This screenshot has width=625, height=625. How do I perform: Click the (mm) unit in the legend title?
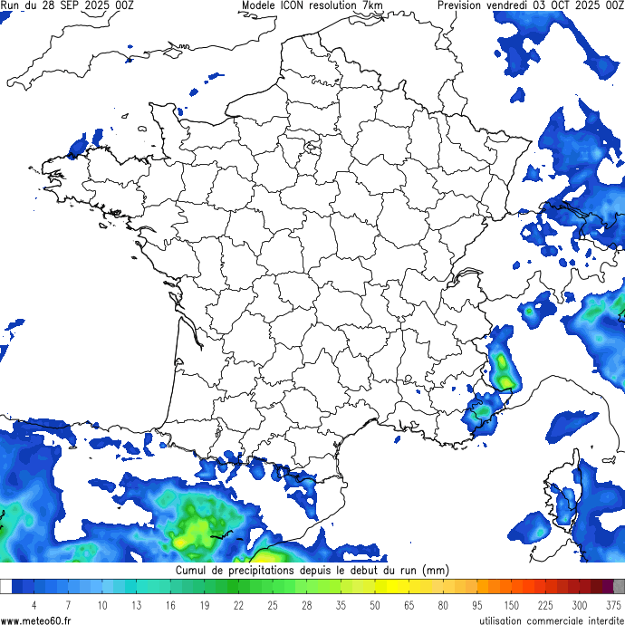436,572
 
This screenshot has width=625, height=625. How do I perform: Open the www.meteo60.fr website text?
36,620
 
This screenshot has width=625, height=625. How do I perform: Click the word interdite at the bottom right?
599,620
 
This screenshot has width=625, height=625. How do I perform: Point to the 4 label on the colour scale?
34,604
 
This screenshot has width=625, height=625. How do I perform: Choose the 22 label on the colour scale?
238,604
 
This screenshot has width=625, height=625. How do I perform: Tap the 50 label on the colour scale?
375,604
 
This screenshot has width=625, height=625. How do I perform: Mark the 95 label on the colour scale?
476,604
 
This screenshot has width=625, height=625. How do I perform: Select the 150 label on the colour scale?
511,604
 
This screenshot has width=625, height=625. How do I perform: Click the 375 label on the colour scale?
613,604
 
